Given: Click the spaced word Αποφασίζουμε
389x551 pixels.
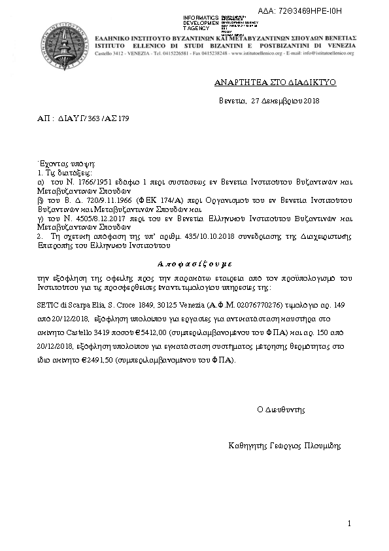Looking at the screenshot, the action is (194, 264).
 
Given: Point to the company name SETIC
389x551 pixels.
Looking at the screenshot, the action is (47, 306).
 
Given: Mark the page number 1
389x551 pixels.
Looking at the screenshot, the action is (350, 524).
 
